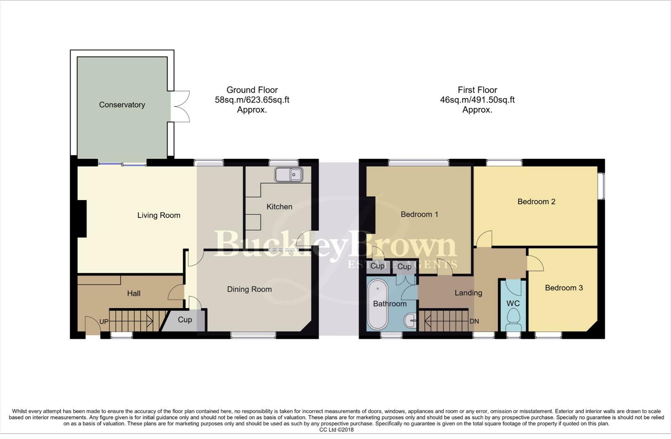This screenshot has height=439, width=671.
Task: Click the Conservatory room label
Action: point(122,105)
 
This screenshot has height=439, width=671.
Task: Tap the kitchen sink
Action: point(289,175)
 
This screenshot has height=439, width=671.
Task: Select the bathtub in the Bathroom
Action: point(378,304)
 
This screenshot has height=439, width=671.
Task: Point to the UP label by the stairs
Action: point(104,322)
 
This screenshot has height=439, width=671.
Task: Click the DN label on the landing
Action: point(474,321)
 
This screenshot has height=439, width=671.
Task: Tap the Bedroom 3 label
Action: point(564,288)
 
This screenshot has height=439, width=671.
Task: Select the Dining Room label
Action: point(249,289)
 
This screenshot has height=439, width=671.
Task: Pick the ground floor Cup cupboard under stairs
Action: point(185,320)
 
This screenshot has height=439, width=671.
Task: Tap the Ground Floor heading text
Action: point(252,90)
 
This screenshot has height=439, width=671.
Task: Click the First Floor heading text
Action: point(477,90)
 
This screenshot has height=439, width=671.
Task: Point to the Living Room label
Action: point(159,215)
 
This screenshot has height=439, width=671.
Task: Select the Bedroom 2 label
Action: point(536,202)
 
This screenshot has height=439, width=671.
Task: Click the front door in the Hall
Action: point(93,326)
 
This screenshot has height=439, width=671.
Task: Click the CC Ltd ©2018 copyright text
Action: point(336,430)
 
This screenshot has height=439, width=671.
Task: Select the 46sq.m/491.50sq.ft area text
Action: point(477,100)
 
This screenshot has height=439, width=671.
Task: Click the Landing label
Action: point(468,293)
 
